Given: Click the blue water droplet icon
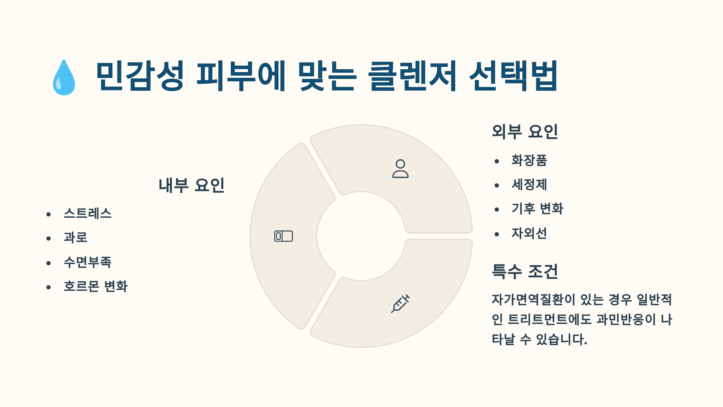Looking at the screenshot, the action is point(64,78).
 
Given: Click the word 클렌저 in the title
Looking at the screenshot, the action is point(412,76).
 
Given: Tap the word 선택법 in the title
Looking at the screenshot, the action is point(513,76).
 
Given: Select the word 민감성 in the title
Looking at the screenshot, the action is point(140,76).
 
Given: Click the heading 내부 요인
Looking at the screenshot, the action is point(192,185).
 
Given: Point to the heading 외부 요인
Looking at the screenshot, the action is point(525,132).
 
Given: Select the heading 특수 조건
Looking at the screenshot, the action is point(525,271).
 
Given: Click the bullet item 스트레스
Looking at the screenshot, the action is point(88,213).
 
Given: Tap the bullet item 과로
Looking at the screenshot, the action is point(76,238).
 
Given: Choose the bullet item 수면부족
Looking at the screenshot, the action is point(88,262).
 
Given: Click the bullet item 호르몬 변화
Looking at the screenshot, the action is point(96,286).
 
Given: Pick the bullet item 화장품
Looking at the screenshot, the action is point(529,160).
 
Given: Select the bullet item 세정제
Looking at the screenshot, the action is point(529,185).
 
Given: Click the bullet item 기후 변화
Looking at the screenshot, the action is point(537,209).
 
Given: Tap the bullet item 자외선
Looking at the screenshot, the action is point(529,233).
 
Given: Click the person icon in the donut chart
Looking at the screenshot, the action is point(400,169).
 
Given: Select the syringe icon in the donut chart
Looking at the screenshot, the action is point(400,304).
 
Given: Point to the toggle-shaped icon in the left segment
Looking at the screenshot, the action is point(283,236).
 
